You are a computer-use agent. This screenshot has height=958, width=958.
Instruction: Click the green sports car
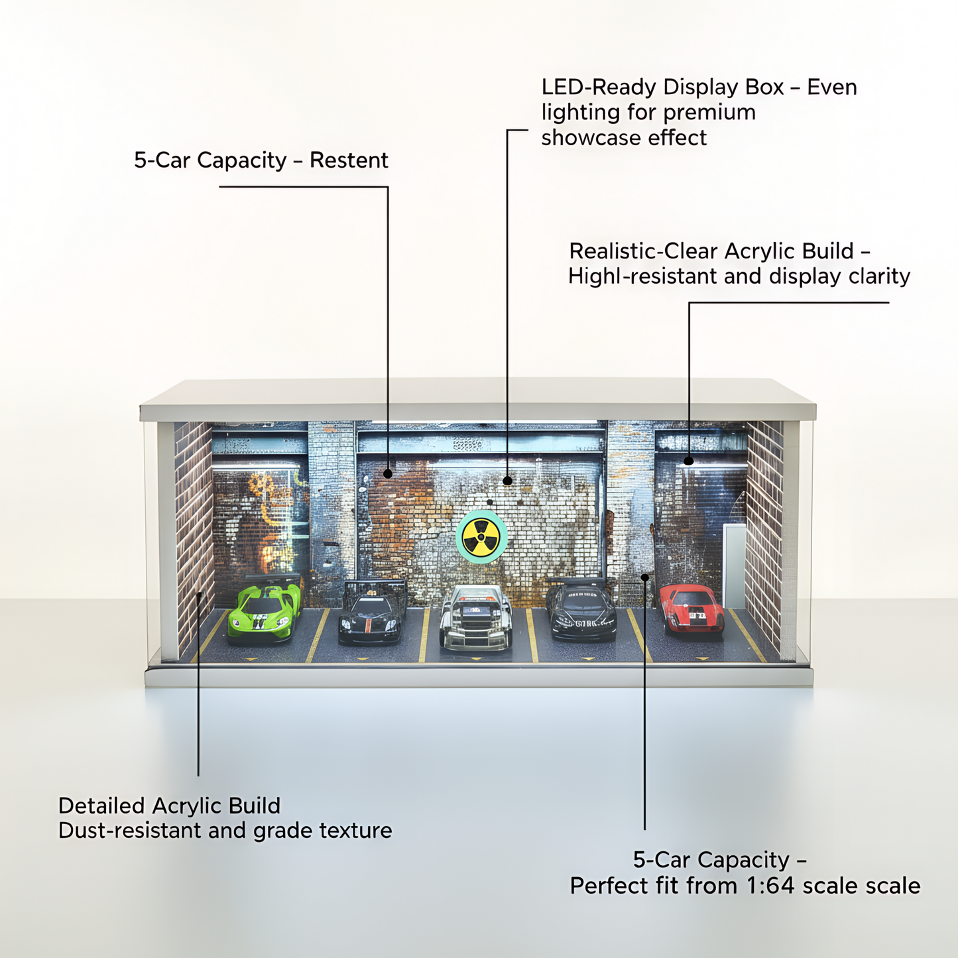click(264, 613)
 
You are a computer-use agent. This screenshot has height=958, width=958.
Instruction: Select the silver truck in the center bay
click(475, 617)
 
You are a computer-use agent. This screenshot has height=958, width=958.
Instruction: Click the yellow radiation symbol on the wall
click(481, 536)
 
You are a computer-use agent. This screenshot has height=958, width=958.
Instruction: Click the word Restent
click(349, 160)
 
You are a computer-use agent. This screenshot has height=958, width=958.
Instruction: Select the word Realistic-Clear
click(644, 251)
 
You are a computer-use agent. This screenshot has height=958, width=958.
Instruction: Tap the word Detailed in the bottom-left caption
click(101, 806)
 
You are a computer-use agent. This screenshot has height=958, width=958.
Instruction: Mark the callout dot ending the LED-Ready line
click(507, 481)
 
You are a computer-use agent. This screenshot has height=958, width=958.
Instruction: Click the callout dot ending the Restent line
click(388, 473)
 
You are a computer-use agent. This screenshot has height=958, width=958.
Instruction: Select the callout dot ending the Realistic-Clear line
click(689, 461)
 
